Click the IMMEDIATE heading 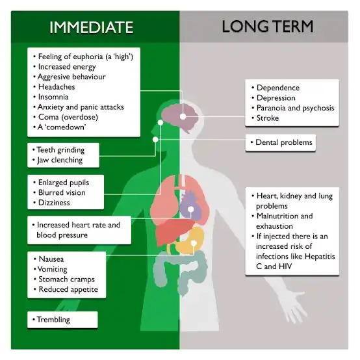coord(92,27)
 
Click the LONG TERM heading coord(268,27)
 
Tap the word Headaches coord(57,87)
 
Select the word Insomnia coord(53,97)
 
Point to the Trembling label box coord(62,320)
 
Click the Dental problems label coord(280,142)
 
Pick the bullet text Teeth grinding coord(60,150)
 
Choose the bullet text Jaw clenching coord(60,160)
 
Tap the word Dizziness coord(54,203)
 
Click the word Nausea coord(51,259)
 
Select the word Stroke coord(268,118)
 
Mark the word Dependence coord(278,88)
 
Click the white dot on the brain coord(183,116)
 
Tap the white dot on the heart coord(190,209)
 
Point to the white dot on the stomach coord(194,244)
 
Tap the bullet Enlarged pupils coord(64,183)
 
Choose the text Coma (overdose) coord(68,117)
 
